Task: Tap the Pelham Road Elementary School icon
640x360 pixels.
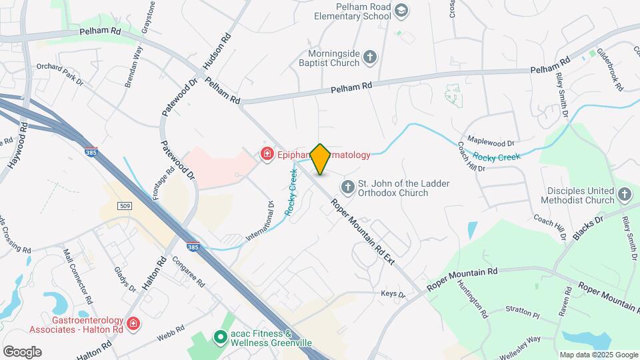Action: [401, 11]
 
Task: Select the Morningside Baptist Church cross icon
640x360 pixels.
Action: [371, 59]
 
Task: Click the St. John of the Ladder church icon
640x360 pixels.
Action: [347, 187]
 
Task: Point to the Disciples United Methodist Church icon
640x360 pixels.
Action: [624, 195]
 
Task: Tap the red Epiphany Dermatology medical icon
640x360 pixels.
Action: [267, 155]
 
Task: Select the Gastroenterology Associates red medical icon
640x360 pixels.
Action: [133, 324]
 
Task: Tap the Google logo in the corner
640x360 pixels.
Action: [22, 352]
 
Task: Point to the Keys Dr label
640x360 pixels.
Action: [393, 295]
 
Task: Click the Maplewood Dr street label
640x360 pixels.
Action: [491, 143]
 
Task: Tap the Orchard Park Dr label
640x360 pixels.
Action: [60, 75]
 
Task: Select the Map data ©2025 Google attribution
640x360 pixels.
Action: [598, 354]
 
